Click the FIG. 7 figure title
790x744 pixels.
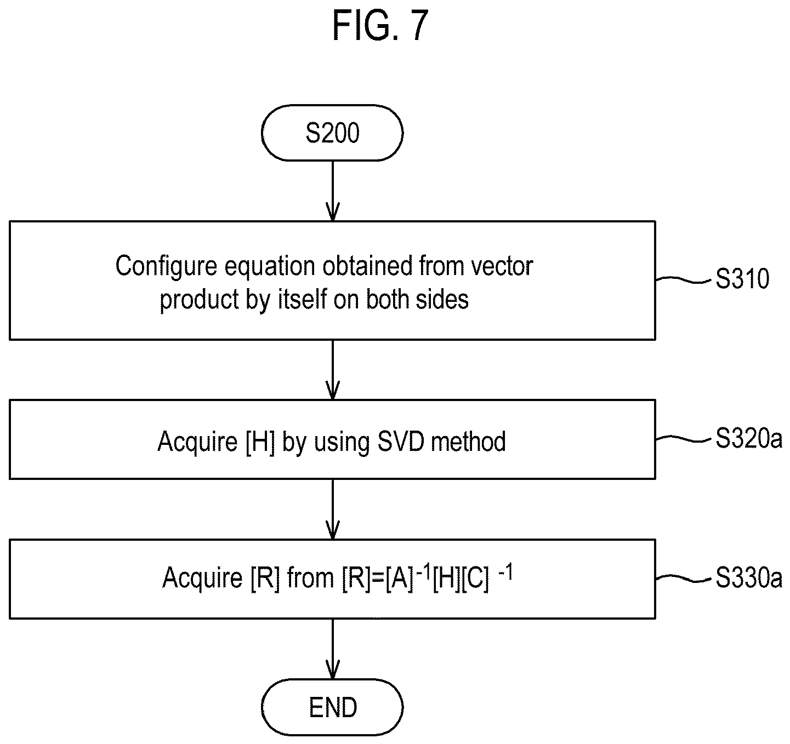coord(380,26)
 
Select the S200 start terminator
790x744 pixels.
coord(332,133)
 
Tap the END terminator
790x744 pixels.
coord(332,707)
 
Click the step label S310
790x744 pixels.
coord(742,279)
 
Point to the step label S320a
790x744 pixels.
coord(749,438)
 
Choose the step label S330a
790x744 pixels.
coord(749,578)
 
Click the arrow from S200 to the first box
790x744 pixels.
coord(333,191)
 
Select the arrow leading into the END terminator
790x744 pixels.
coord(333,649)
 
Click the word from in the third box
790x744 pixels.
coord(310,578)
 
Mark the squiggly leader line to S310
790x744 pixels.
coord(684,280)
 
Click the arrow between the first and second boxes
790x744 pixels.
coord(333,370)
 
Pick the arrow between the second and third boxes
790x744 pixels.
coord(333,510)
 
